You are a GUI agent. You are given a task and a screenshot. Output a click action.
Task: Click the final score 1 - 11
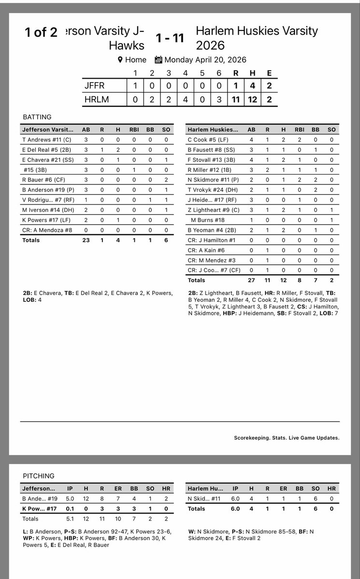[170, 38]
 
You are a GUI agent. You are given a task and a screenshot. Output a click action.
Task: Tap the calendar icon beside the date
[158, 60]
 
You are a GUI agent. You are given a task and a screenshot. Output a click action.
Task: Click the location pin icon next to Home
[120, 60]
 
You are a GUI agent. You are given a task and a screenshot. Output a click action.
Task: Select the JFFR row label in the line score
[95, 85]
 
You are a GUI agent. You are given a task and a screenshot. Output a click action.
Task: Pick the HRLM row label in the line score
[96, 99]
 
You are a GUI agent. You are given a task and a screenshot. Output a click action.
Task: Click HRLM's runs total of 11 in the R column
[236, 99]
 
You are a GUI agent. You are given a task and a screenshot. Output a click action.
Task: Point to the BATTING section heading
[37, 117]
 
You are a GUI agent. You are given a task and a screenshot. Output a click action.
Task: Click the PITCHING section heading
[39, 476]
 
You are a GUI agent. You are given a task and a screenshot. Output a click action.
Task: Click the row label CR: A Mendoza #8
[47, 230]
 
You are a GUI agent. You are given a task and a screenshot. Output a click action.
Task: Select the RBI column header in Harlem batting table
[299, 129]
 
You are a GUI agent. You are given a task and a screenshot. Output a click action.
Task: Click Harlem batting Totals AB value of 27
[251, 280]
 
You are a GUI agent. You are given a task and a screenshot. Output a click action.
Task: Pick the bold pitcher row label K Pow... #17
[40, 508]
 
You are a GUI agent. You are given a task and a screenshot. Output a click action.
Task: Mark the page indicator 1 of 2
[41, 32]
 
